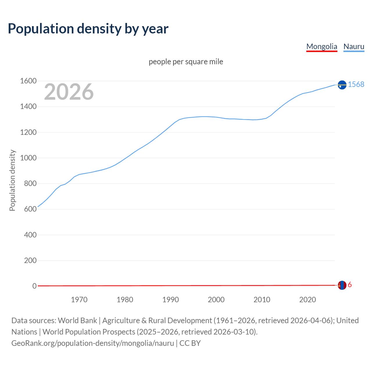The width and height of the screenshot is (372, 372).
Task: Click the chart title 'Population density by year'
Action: click(x=88, y=29)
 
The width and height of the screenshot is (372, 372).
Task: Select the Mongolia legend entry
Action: click(x=322, y=46)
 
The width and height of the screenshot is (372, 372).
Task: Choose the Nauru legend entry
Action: click(x=354, y=46)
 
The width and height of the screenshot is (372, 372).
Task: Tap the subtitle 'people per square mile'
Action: click(x=186, y=62)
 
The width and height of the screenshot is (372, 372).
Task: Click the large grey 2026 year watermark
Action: click(x=69, y=92)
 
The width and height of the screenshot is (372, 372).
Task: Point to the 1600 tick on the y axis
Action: click(x=28, y=81)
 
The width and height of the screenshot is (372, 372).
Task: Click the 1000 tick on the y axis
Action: click(x=28, y=158)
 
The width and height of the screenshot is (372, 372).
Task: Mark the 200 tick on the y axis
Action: click(x=30, y=260)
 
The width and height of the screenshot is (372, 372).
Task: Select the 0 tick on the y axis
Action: click(x=34, y=286)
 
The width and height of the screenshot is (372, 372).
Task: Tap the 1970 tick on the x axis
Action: click(x=79, y=300)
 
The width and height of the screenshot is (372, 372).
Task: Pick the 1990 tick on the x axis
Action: click(x=171, y=300)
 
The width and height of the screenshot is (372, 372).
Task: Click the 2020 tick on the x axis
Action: click(x=307, y=300)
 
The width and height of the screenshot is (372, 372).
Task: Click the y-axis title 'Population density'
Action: click(x=12, y=180)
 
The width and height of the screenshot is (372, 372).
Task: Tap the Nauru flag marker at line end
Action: click(x=342, y=85)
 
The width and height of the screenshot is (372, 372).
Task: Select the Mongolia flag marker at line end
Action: click(x=342, y=285)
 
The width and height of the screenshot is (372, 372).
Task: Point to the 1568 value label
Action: click(x=356, y=84)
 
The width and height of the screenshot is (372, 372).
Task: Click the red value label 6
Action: click(x=350, y=285)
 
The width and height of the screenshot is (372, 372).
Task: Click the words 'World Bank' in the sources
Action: click(x=77, y=321)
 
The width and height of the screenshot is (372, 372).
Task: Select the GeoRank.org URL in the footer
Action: click(x=92, y=343)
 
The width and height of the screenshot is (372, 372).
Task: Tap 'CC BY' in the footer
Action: click(x=190, y=343)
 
